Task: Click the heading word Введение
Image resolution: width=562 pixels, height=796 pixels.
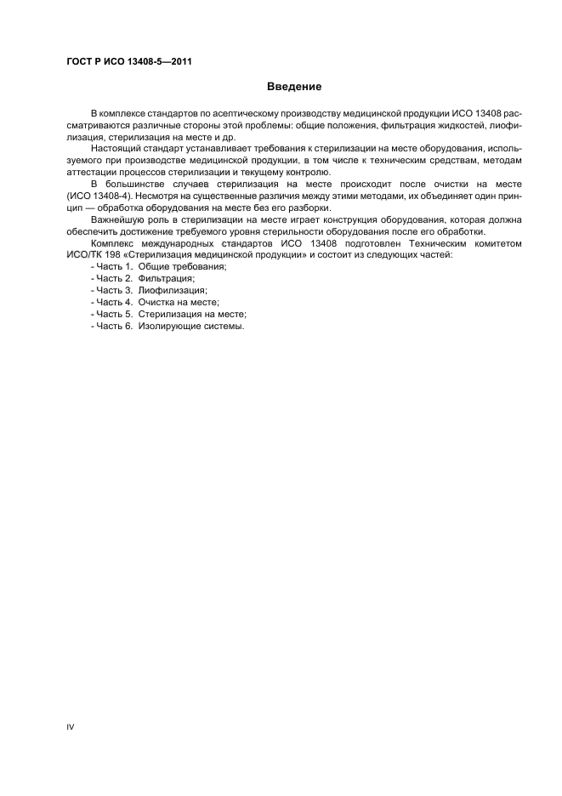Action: click(294, 87)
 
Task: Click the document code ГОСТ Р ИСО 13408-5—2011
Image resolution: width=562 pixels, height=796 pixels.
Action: click(122, 61)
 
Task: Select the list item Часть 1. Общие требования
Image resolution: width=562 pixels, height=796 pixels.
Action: click(157, 266)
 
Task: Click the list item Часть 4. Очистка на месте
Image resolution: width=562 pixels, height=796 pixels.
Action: click(155, 302)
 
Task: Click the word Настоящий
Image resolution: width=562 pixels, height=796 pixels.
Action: click(116, 147)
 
